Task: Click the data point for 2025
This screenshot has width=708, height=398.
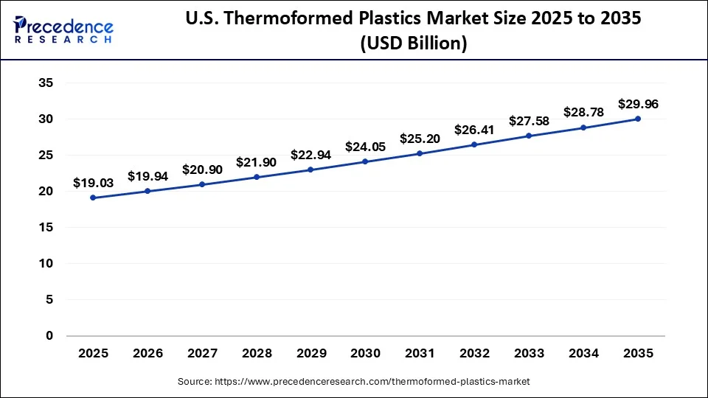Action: (x=93, y=198)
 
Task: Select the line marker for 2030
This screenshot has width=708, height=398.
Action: (x=365, y=161)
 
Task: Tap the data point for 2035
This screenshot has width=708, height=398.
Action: (x=638, y=119)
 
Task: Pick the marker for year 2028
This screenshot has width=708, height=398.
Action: (x=257, y=177)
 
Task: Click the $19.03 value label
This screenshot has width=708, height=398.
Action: (x=93, y=182)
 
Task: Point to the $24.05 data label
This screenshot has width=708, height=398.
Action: (x=365, y=146)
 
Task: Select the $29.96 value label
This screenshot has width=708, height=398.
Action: (x=638, y=104)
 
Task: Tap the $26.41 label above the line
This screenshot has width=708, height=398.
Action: (x=474, y=130)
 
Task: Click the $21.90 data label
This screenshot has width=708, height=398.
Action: (x=257, y=161)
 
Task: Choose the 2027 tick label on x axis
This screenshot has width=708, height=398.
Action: (x=202, y=354)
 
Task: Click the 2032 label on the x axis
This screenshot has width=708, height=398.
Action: (x=474, y=354)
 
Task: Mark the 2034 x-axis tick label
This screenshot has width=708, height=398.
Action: (x=583, y=354)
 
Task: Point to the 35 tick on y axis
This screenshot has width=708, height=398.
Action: (x=46, y=83)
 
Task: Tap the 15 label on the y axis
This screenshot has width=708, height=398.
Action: (x=46, y=228)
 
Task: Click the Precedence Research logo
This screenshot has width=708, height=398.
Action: (x=63, y=30)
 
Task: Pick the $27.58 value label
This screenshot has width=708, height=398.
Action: (x=529, y=121)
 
